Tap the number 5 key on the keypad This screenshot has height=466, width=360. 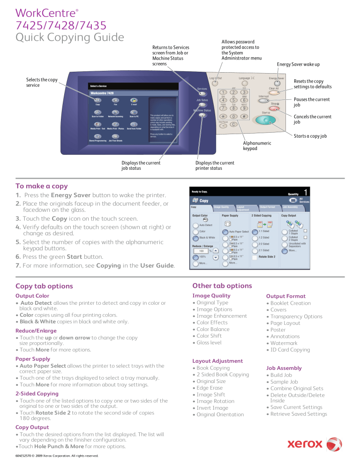233,100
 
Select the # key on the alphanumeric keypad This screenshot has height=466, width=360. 244,116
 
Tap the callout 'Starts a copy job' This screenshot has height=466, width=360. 310,136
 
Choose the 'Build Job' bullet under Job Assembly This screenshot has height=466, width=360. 282,375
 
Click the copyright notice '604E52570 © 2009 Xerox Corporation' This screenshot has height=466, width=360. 57,455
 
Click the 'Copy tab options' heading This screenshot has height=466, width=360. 44,286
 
